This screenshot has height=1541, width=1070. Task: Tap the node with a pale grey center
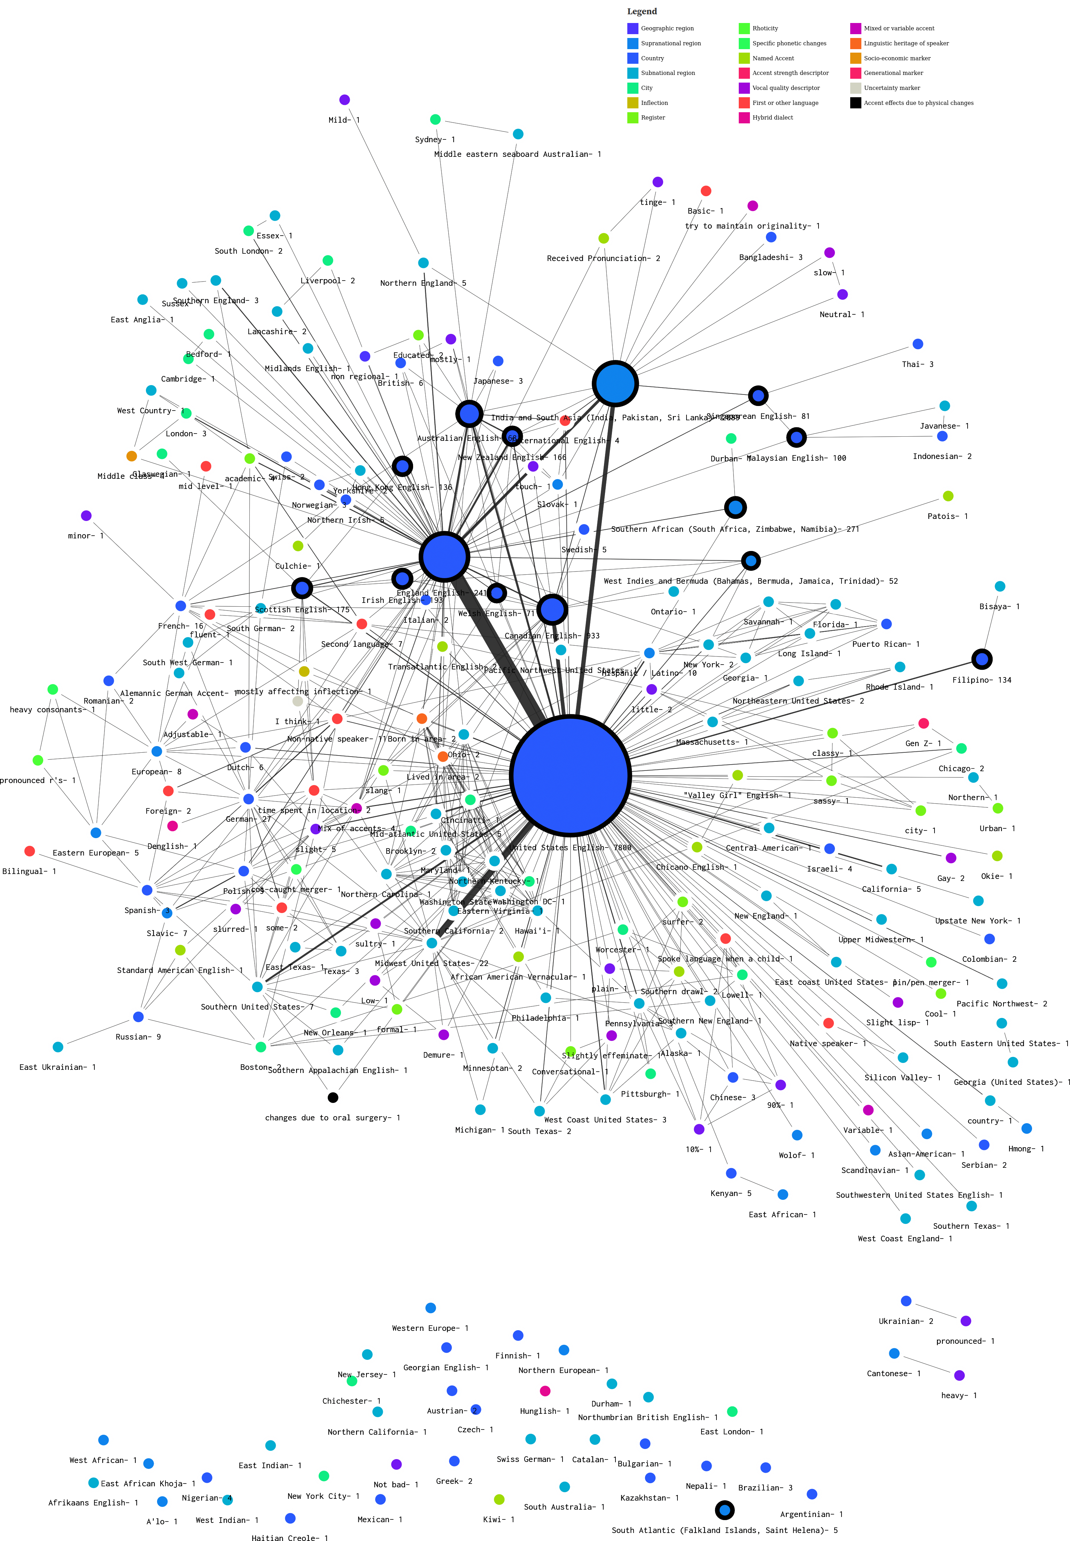(298, 701)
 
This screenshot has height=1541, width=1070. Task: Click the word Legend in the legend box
(642, 11)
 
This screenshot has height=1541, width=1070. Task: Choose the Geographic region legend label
(667, 28)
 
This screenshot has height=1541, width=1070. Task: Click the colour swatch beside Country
(632, 58)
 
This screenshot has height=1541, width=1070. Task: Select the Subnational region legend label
(668, 73)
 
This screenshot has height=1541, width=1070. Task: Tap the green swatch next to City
(632, 88)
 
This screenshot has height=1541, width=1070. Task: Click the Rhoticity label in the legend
(765, 28)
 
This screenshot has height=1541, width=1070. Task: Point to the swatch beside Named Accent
(744, 58)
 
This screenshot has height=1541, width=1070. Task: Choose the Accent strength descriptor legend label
(790, 73)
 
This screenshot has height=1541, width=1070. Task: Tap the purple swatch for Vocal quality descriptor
(744, 88)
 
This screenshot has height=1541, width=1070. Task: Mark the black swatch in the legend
(855, 102)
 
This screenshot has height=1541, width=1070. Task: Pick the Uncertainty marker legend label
(892, 88)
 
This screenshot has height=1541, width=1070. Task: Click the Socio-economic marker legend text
(897, 58)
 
